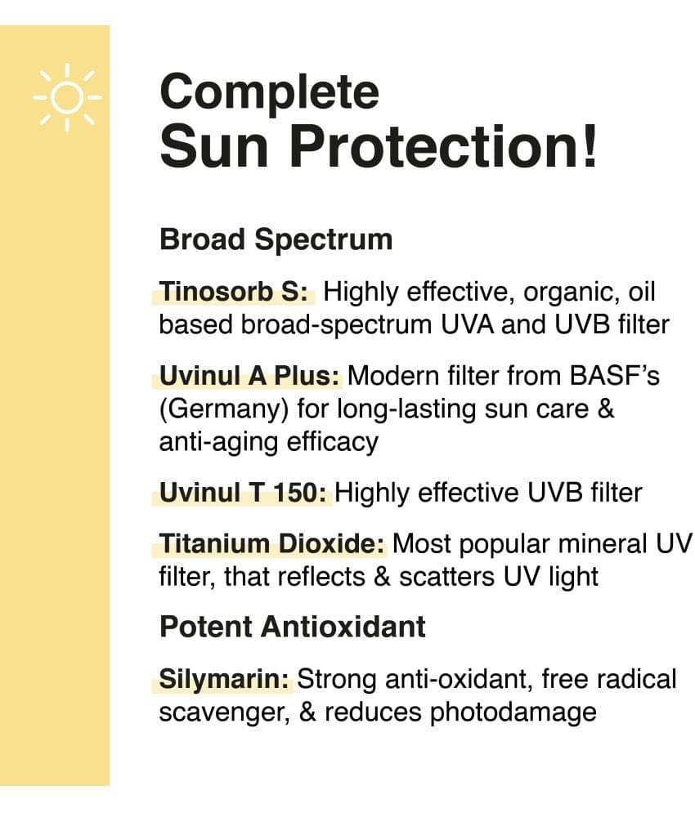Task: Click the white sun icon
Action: click(x=68, y=97)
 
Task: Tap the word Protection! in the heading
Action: click(x=443, y=147)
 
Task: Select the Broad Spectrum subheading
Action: click(x=276, y=239)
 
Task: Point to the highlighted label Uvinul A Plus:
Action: click(x=249, y=376)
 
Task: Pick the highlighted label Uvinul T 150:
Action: click(x=242, y=493)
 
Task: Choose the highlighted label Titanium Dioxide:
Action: click(x=272, y=544)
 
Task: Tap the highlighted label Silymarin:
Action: click(x=224, y=680)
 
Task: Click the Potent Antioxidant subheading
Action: click(x=293, y=627)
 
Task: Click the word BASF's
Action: click(x=614, y=376)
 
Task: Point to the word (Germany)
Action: click(x=223, y=409)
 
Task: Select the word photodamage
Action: click(x=513, y=712)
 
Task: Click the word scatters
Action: click(x=446, y=578)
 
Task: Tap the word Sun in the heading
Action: click(x=214, y=147)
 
